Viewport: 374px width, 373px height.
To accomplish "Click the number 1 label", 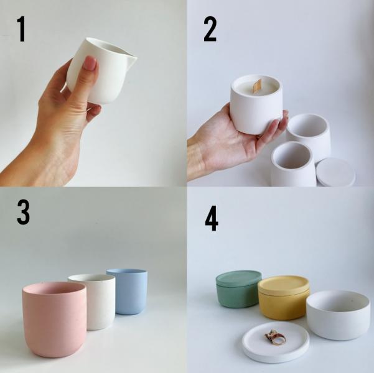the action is click(22, 29).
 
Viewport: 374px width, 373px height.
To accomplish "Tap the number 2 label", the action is click(210, 29).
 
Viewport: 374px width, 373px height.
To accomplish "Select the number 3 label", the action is click(23, 212).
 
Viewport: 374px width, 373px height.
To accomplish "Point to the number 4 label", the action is click(212, 218).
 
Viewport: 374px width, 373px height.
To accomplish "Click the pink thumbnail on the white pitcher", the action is click(89, 63).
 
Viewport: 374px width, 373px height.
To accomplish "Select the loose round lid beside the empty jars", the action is click(335, 172).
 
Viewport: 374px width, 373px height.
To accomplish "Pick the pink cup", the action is click(54, 320).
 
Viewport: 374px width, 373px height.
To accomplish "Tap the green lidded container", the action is click(238, 289).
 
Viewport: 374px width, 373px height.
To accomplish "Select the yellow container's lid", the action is click(283, 285).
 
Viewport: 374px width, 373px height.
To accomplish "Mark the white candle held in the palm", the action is click(256, 103).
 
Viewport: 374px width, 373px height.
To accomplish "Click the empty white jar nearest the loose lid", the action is click(293, 163).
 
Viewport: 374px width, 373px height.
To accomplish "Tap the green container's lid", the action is click(238, 278).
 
